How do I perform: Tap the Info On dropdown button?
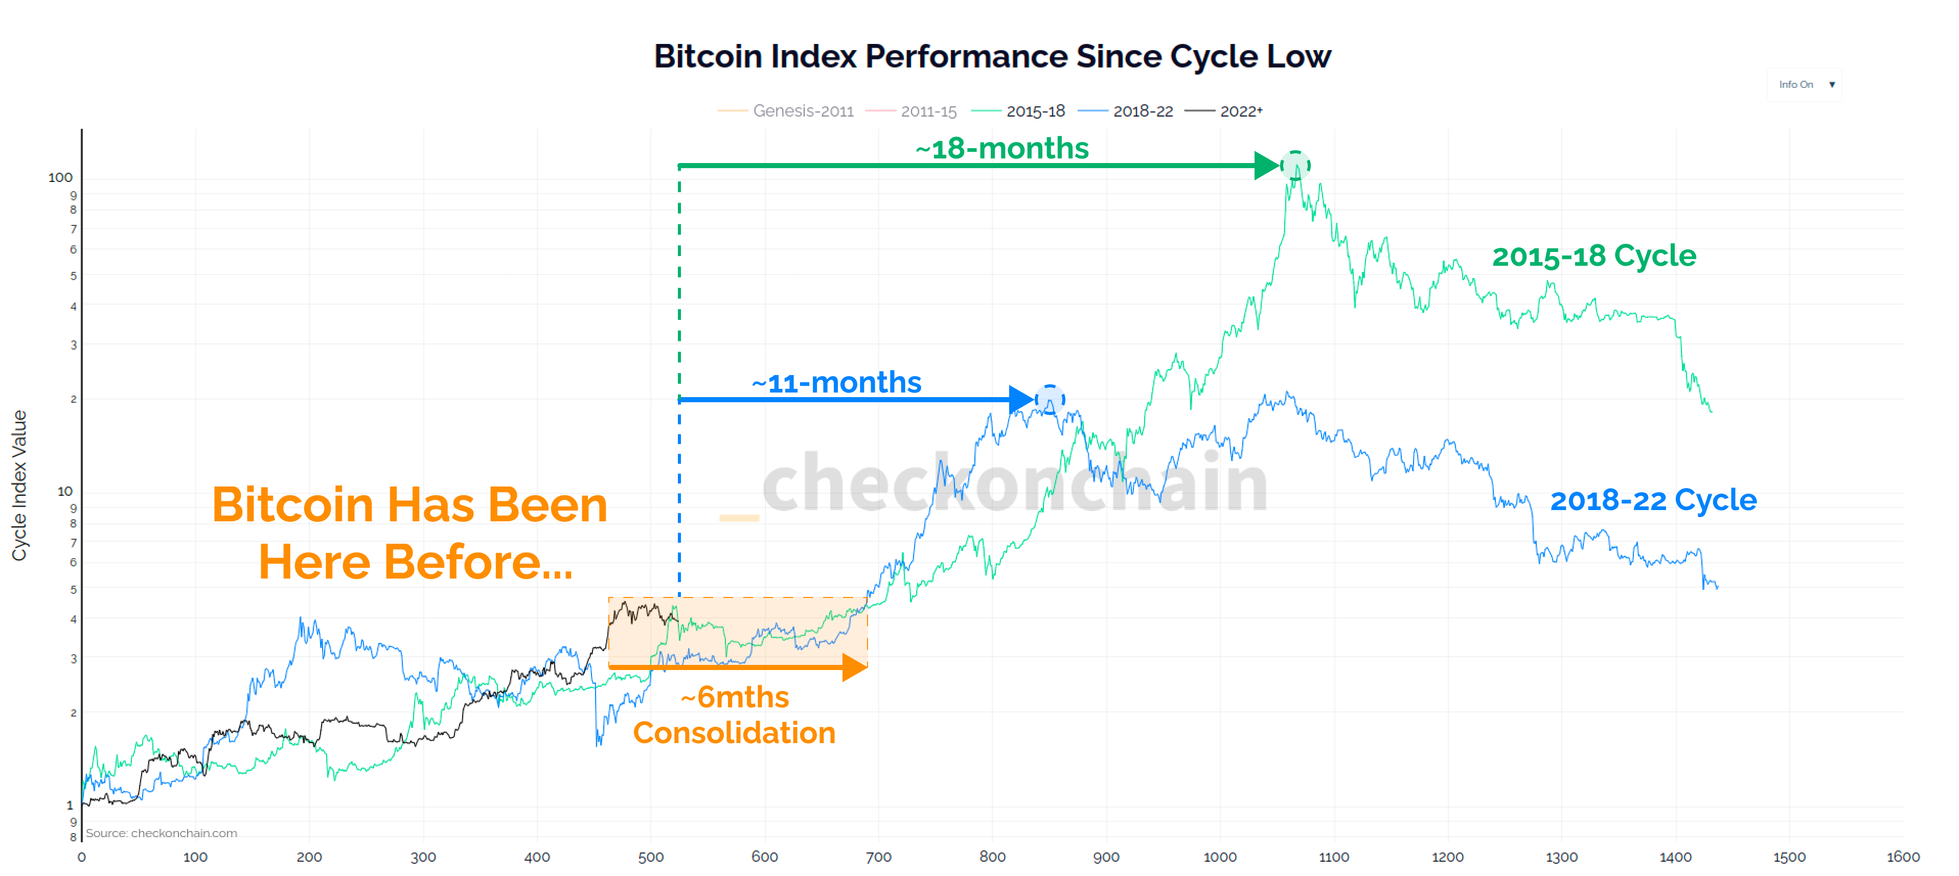1805,84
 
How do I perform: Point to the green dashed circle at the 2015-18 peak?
1295,165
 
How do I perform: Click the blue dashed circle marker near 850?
1050,399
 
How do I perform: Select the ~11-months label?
836,382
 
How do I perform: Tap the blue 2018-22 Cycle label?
1653,500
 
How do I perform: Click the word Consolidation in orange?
734,733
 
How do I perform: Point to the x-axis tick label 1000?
1219,857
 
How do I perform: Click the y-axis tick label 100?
60,177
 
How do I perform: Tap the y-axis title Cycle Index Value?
19,485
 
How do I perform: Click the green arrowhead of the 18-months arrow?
1266,165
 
